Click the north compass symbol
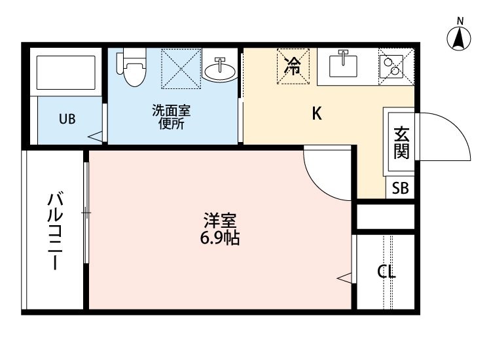pyautogui.click(x=460, y=39)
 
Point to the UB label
pyautogui.click(x=67, y=119)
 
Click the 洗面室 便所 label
pyautogui.click(x=170, y=117)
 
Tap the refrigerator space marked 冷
pyautogui.click(x=294, y=65)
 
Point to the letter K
pyautogui.click(x=316, y=114)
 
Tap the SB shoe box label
pyautogui.click(x=400, y=189)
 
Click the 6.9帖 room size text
pyautogui.click(x=219, y=238)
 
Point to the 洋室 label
pyautogui.click(x=219, y=221)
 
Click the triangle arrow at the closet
pyautogui.click(x=344, y=278)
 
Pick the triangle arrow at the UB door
pyautogui.click(x=96, y=137)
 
